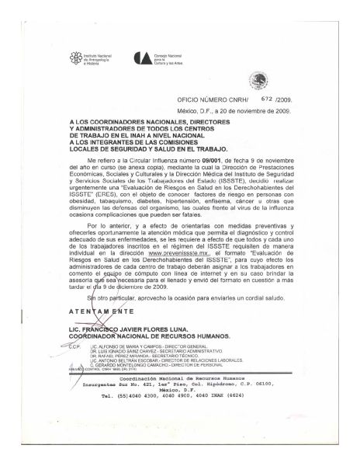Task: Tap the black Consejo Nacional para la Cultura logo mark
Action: pos(141,57)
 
